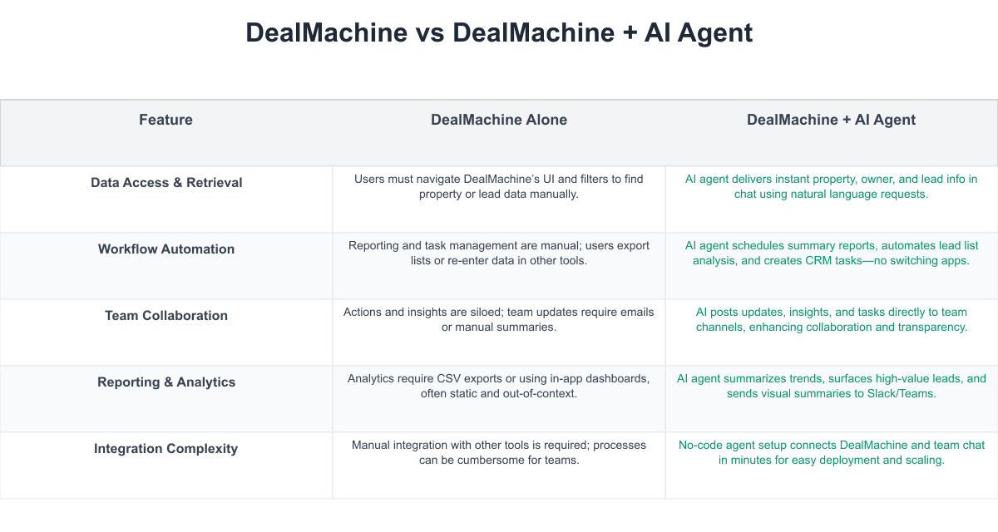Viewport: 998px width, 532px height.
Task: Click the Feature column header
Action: click(x=166, y=120)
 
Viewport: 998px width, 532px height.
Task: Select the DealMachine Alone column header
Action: click(x=498, y=120)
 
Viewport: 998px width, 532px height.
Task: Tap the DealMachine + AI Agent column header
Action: click(x=831, y=120)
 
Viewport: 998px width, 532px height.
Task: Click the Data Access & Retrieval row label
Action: click(x=166, y=183)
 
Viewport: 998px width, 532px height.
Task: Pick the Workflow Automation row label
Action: click(x=166, y=249)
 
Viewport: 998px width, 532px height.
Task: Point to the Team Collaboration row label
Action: click(x=166, y=316)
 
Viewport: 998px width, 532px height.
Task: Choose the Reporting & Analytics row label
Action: click(x=166, y=382)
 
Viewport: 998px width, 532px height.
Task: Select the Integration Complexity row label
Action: click(x=166, y=449)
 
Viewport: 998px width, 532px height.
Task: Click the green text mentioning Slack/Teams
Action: click(x=831, y=386)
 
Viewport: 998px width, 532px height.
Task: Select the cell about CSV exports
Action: click(x=498, y=386)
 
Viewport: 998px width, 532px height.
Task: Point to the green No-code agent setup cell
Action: click(x=831, y=452)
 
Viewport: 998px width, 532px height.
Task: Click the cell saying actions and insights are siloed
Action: click(x=498, y=319)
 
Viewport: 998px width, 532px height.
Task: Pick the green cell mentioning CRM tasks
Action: click(x=831, y=253)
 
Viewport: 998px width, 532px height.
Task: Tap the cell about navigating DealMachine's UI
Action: click(x=498, y=186)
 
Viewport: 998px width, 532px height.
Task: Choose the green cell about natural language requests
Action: click(x=831, y=186)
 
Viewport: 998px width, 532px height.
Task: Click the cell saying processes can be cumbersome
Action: click(x=498, y=452)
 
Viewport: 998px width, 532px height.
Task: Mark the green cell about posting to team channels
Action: click(x=831, y=319)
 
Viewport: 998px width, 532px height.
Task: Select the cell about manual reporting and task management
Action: click(x=498, y=253)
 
